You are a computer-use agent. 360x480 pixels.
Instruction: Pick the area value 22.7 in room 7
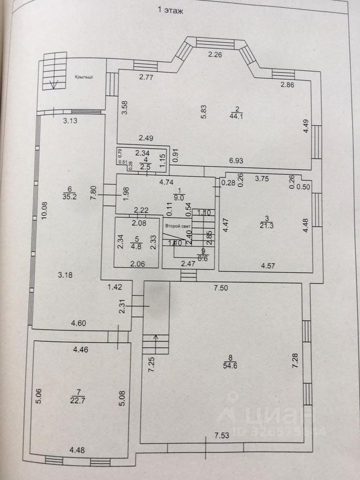[76, 399]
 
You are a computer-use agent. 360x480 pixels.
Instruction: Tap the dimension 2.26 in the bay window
[214, 55]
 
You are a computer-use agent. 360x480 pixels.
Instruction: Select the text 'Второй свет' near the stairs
[175, 225]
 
